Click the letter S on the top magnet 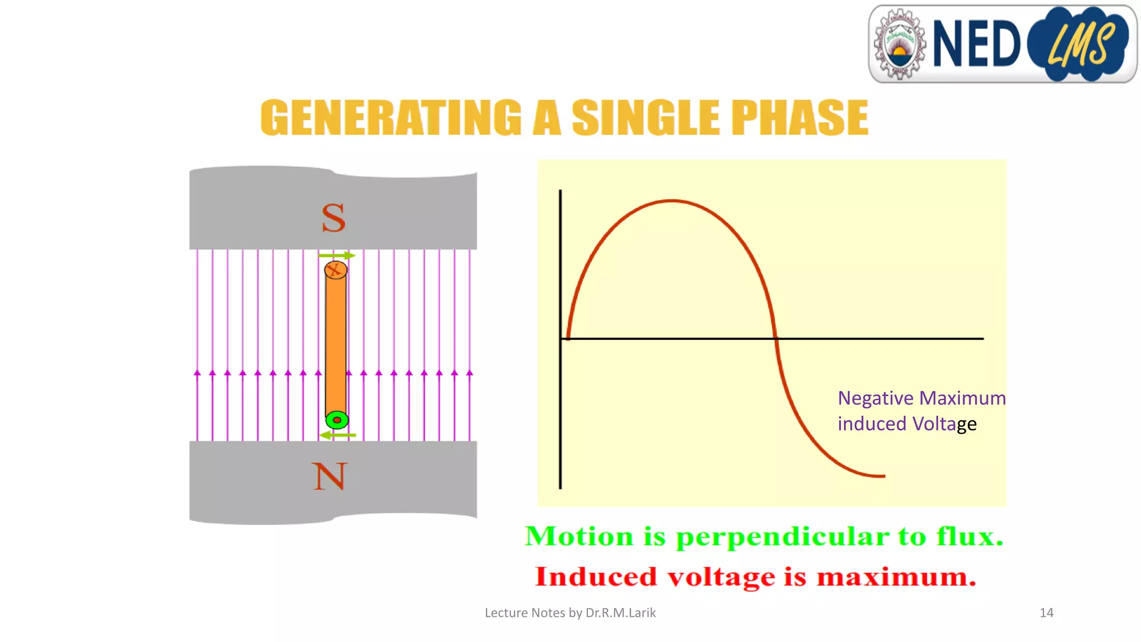(x=333, y=218)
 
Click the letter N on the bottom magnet (x=329, y=476)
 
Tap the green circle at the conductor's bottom (x=337, y=420)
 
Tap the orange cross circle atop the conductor (x=335, y=270)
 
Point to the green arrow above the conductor (x=337, y=255)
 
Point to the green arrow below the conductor (x=337, y=435)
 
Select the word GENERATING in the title (x=391, y=118)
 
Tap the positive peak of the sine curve (x=672, y=201)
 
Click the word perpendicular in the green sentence (x=782, y=537)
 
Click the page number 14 (x=1046, y=613)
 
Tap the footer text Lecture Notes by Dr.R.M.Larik (x=570, y=613)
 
